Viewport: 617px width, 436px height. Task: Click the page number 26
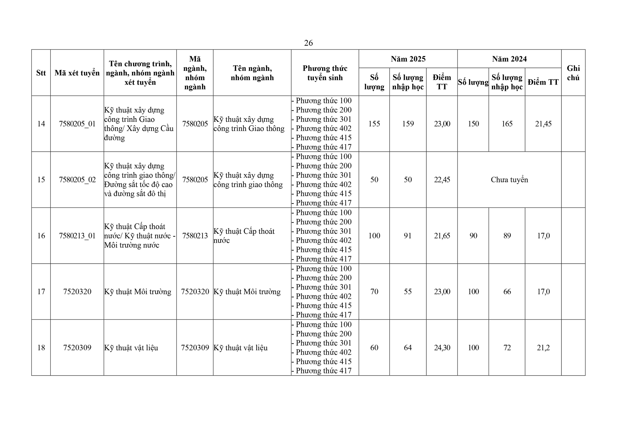tap(308, 43)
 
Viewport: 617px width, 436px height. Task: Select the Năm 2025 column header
tap(408, 59)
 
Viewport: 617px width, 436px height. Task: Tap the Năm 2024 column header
tap(509, 59)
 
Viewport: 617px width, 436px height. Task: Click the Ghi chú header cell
tap(573, 73)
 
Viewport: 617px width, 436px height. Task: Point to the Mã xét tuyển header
tap(77, 73)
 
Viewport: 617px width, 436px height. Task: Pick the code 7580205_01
tap(77, 124)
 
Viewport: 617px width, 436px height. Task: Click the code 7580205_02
tap(77, 179)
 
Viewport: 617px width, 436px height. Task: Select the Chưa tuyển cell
tap(509, 179)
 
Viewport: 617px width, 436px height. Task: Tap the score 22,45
tap(442, 179)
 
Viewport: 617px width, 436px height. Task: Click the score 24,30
tap(442, 348)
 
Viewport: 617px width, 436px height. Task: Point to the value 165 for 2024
tap(507, 124)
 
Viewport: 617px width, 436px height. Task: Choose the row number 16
tap(41, 236)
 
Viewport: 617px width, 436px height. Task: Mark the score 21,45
tap(543, 124)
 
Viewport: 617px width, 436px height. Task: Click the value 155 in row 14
tap(374, 124)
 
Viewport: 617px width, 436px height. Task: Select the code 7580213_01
tap(77, 236)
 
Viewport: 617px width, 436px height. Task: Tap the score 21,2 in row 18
tap(543, 348)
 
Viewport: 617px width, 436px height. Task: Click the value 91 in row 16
tap(408, 236)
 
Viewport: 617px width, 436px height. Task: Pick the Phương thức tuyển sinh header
tap(325, 73)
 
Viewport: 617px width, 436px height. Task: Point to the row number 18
tap(41, 348)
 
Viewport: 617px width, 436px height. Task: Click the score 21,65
tap(442, 236)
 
